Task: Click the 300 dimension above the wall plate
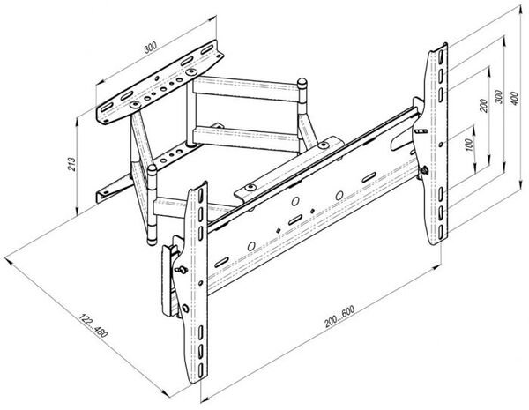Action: [151, 48]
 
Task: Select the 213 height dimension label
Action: [72, 164]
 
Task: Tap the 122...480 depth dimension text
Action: [93, 325]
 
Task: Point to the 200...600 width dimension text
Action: [339, 317]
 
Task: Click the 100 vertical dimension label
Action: [469, 145]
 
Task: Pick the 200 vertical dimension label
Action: [483, 106]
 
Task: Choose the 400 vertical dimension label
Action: [515, 98]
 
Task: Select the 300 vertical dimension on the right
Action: [499, 96]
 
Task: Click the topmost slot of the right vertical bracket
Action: [440, 56]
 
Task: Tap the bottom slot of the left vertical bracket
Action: [200, 369]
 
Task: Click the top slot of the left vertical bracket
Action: [200, 196]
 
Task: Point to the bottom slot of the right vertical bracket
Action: [441, 232]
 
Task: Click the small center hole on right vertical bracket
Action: [441, 145]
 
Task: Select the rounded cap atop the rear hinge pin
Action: [302, 82]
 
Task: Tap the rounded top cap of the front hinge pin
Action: [152, 168]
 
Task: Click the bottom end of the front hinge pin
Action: [152, 242]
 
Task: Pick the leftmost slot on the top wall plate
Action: [106, 108]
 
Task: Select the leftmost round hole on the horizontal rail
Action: [251, 246]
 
